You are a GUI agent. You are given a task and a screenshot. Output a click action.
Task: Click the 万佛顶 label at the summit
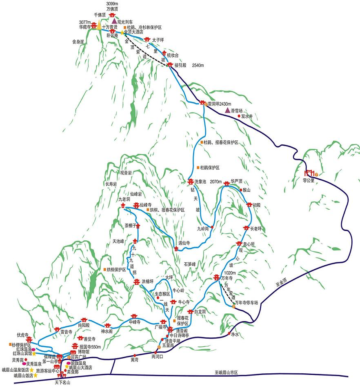pos(112,9)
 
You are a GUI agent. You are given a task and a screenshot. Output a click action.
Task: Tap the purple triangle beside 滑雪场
pos(228,110)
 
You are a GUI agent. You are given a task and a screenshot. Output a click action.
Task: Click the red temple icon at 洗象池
pos(190,182)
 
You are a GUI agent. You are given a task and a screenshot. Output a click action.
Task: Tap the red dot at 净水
pos(229,334)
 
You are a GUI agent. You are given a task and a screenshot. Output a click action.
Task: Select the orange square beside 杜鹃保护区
pos(198,168)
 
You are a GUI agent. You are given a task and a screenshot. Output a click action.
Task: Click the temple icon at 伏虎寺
pos(29,339)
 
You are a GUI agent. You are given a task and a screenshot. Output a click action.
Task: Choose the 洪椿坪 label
pos(147,282)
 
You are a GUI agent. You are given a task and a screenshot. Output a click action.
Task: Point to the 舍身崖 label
pos(78,42)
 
